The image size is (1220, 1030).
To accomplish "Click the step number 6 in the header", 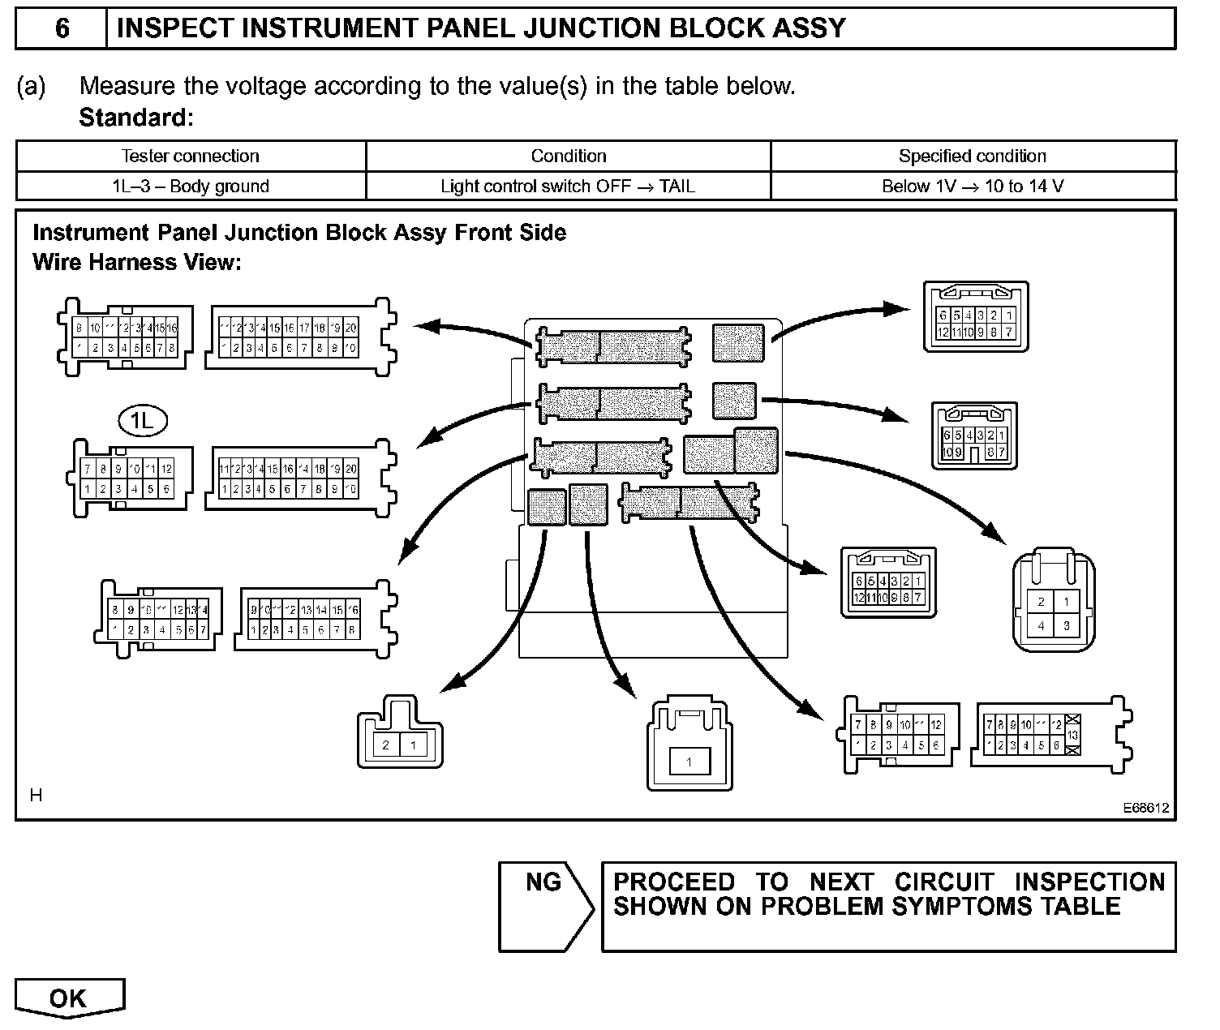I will [62, 28].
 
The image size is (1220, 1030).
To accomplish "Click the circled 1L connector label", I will [143, 420].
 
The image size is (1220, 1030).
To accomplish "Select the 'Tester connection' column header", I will [191, 156].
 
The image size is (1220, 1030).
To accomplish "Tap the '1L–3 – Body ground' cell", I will [191, 186].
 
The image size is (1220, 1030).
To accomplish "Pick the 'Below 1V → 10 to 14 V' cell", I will [973, 186].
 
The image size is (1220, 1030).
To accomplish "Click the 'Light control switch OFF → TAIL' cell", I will [568, 186].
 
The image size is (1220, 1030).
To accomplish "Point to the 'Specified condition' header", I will [973, 156].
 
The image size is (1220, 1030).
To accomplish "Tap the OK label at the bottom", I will [68, 998].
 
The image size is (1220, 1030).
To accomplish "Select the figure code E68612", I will [1145, 808].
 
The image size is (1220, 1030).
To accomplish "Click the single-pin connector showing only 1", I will [689, 762].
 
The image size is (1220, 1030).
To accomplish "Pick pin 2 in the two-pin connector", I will [386, 745].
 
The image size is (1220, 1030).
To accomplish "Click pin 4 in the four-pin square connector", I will [1042, 625].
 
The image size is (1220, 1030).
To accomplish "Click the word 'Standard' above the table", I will [134, 118].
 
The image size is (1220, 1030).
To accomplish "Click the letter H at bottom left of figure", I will [36, 796].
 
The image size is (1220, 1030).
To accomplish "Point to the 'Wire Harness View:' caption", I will [137, 263].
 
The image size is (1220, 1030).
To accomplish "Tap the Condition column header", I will [568, 156].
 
